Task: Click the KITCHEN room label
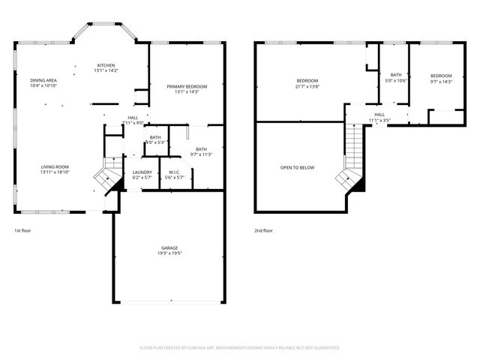(x=106, y=65)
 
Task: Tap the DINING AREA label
(x=43, y=80)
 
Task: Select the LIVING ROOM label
(x=55, y=166)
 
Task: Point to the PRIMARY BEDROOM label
(x=187, y=87)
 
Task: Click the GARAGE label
(x=169, y=247)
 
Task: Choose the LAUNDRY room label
(x=142, y=172)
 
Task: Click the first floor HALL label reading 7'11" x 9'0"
(x=133, y=118)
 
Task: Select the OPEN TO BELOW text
(x=297, y=167)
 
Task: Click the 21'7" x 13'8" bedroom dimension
(x=307, y=87)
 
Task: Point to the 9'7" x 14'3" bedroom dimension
(x=441, y=82)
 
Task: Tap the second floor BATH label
(x=396, y=74)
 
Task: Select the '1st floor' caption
(x=23, y=230)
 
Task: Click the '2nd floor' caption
(x=263, y=230)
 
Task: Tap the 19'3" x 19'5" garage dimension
(x=169, y=253)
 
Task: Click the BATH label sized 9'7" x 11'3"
(x=201, y=149)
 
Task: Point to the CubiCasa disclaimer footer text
(x=240, y=347)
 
